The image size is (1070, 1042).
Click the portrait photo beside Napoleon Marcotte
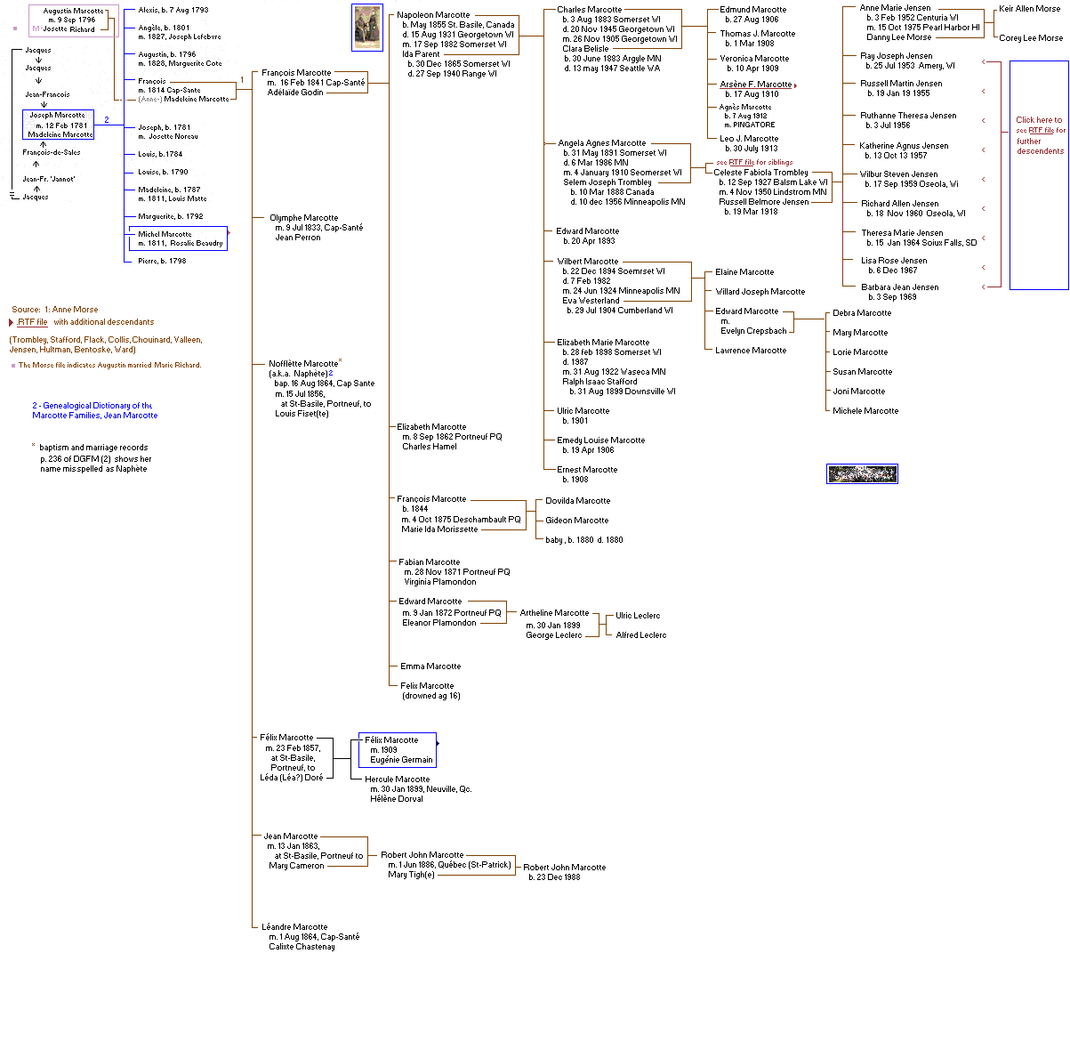pyautogui.click(x=367, y=28)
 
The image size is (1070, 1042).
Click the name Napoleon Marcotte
pyautogui.click(x=433, y=15)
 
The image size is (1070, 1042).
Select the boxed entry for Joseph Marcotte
pyautogui.click(x=58, y=125)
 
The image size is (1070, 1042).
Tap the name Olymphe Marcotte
pyautogui.click(x=303, y=218)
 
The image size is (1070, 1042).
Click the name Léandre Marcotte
pyautogui.click(x=294, y=927)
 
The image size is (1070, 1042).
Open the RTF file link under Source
pyautogui.click(x=33, y=322)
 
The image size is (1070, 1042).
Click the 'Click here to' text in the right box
pyautogui.click(x=1039, y=120)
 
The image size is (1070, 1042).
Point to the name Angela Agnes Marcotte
pyautogui.click(x=601, y=143)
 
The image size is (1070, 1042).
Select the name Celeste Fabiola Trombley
pyautogui.click(x=760, y=173)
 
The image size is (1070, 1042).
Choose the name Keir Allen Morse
pyautogui.click(x=1029, y=9)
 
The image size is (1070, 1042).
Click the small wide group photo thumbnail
pyautogui.click(x=862, y=474)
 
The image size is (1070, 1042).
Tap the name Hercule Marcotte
pyautogui.click(x=397, y=779)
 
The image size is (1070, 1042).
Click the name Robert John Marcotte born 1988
pyautogui.click(x=564, y=868)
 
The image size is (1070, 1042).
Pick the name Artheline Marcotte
pyautogui.click(x=554, y=613)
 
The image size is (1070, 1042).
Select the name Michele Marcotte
pyautogui.click(x=865, y=411)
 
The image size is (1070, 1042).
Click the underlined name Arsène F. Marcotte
pyautogui.click(x=755, y=85)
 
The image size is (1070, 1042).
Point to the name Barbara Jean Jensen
pyautogui.click(x=899, y=287)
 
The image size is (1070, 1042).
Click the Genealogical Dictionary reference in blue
pyautogui.click(x=94, y=410)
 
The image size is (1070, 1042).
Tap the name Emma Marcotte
pyautogui.click(x=430, y=666)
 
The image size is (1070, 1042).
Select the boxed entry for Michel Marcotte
pyautogui.click(x=176, y=238)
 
